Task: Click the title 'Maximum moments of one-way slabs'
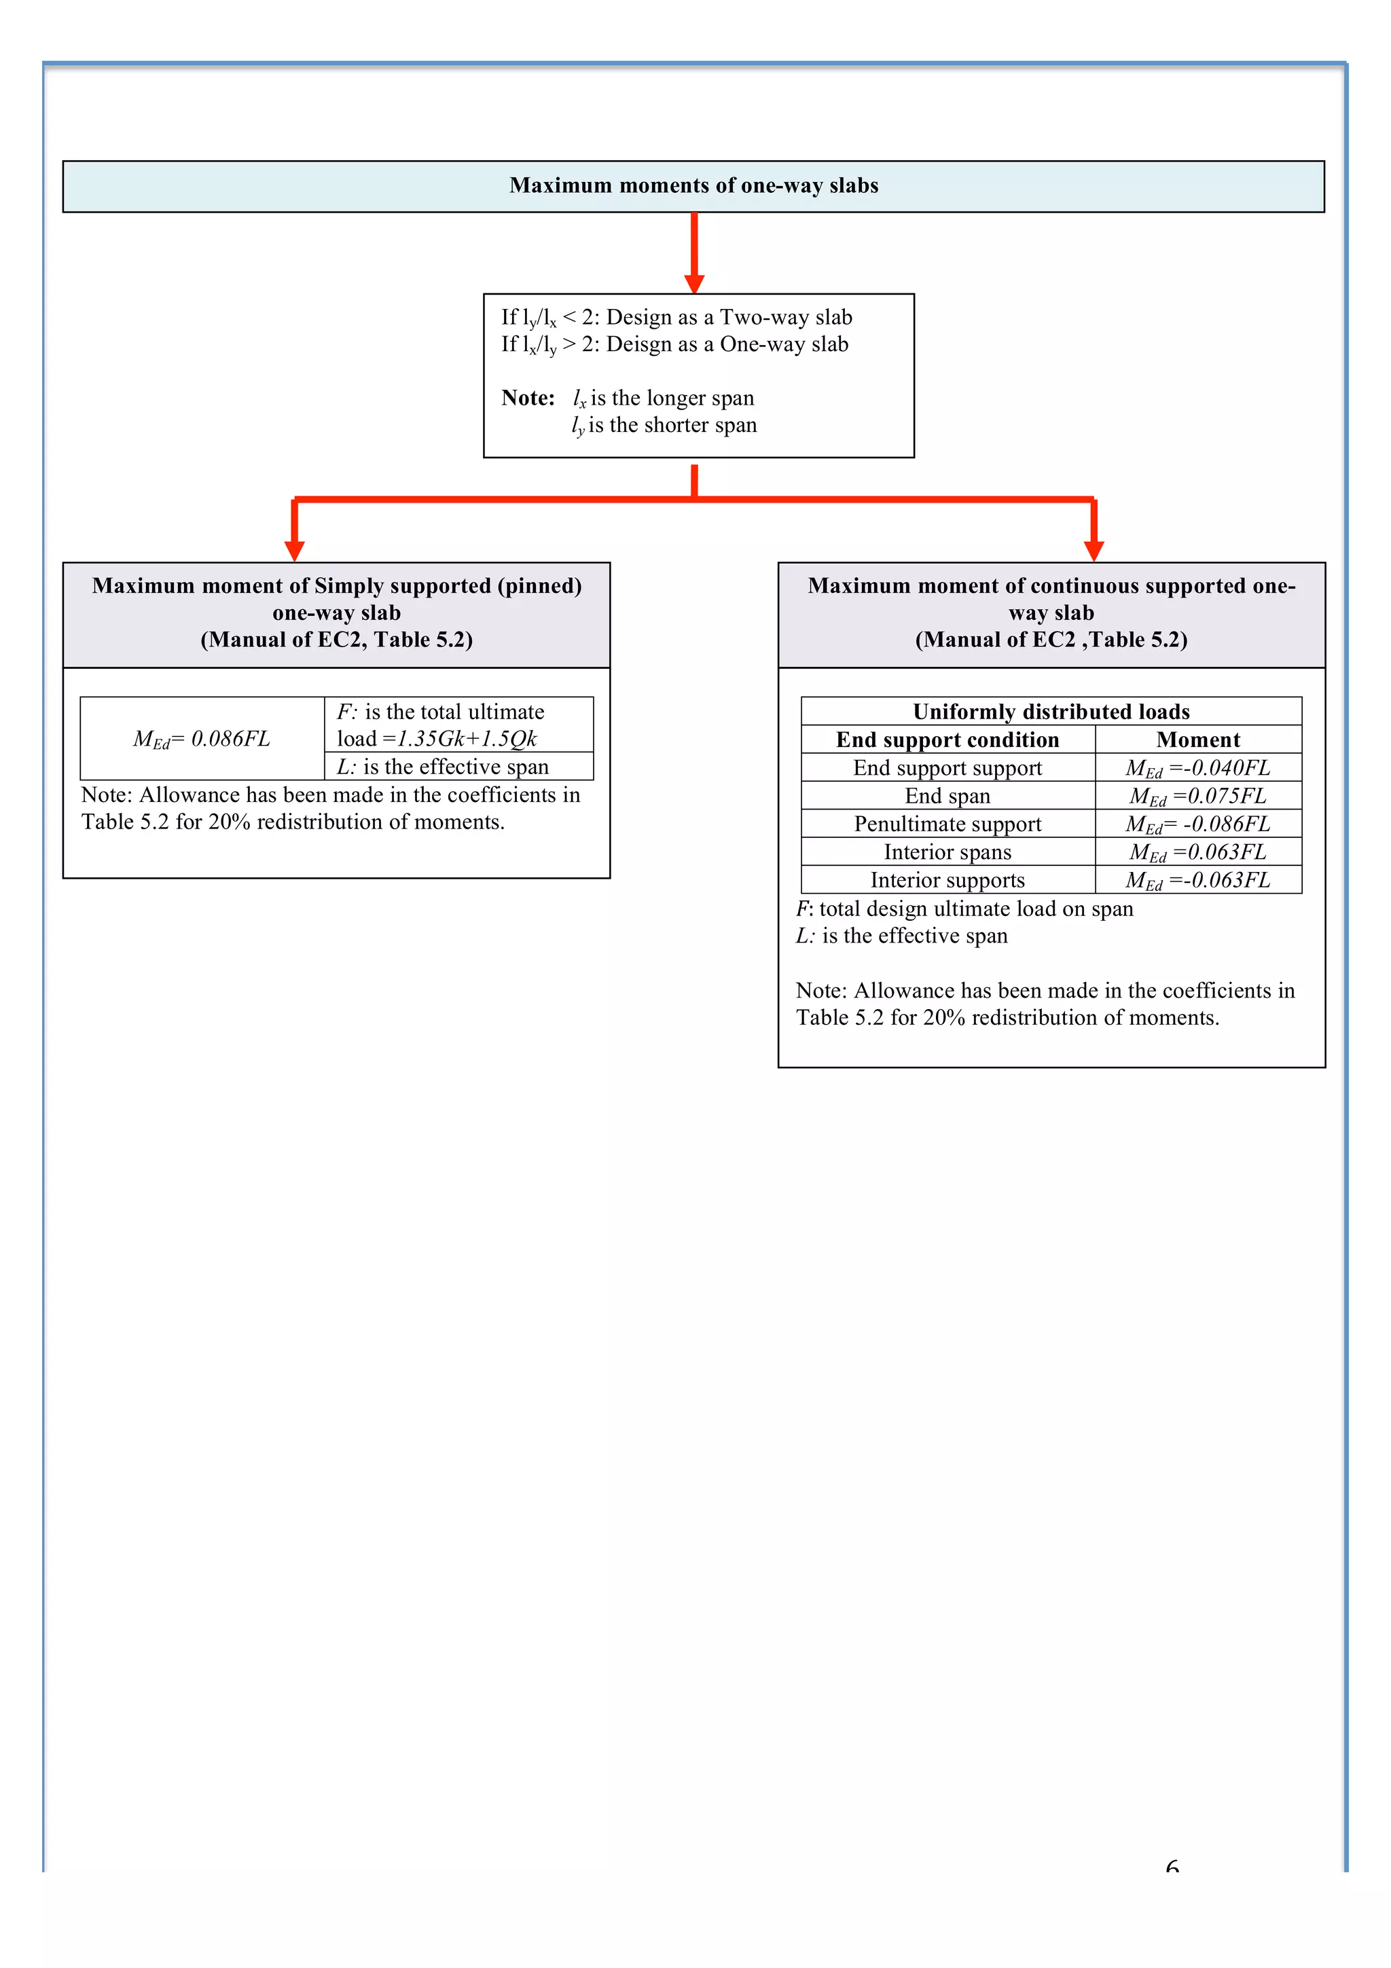(693, 186)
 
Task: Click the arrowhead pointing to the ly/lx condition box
(694, 284)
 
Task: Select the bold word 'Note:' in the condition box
(528, 398)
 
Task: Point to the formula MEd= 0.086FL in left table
(202, 739)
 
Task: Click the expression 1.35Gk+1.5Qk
(467, 739)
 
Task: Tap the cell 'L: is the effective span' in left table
(443, 766)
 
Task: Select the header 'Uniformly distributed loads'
(1051, 712)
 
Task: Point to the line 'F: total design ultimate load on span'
(964, 909)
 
